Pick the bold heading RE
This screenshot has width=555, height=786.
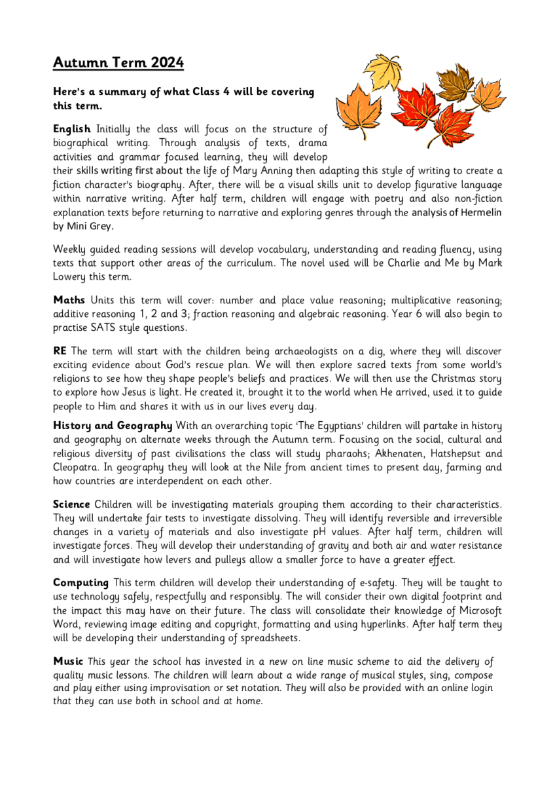pos(60,351)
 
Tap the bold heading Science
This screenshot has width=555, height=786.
pos(71,504)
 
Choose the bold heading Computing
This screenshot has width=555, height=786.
pos(81,582)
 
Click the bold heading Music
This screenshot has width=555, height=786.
pos(68,661)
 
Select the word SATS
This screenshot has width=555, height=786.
pos(107,328)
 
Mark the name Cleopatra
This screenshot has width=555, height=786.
pos(77,467)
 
